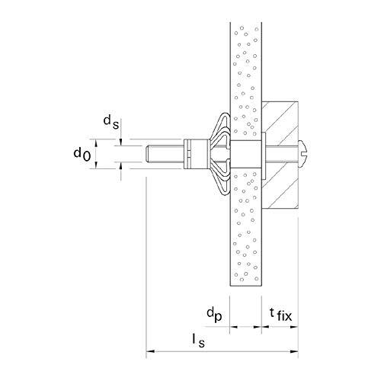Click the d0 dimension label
[82, 155]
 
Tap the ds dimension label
[111, 122]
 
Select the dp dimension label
[214, 315]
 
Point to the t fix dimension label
[280, 315]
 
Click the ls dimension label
[198, 341]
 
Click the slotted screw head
[303, 154]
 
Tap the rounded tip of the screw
[148, 154]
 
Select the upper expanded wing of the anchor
[220, 127]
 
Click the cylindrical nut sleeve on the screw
[196, 154]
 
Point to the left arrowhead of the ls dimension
[150, 351]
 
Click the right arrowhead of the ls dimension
[294, 351]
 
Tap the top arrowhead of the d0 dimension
[96, 143]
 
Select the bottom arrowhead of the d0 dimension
[96, 165]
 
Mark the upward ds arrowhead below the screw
[121, 165]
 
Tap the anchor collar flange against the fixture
[264, 154]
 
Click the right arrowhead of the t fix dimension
[294, 327]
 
